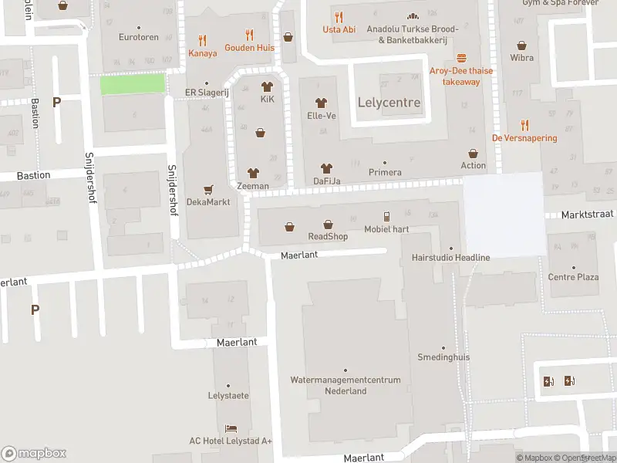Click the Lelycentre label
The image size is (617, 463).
pyautogui.click(x=389, y=103)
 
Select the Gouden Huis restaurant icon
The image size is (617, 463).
pyautogui.click(x=249, y=35)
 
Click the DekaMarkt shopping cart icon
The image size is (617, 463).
pyautogui.click(x=207, y=189)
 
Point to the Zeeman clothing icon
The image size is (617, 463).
pyautogui.click(x=253, y=173)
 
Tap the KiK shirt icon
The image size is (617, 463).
pyautogui.click(x=268, y=86)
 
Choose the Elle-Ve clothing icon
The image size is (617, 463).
pyautogui.click(x=322, y=103)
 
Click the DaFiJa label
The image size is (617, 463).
pyautogui.click(x=327, y=181)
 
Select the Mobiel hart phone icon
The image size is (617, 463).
pyautogui.click(x=387, y=217)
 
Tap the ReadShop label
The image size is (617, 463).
pyautogui.click(x=328, y=236)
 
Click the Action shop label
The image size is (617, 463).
pyautogui.click(x=474, y=165)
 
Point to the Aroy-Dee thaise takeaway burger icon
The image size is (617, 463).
pyautogui.click(x=461, y=58)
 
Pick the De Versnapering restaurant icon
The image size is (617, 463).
pyautogui.click(x=525, y=125)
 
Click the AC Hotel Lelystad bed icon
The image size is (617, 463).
pyautogui.click(x=231, y=428)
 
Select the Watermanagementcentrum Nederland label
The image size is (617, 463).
pyautogui.click(x=345, y=385)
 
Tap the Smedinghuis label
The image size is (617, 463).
pyautogui.click(x=443, y=358)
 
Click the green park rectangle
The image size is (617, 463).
pyautogui.click(x=133, y=84)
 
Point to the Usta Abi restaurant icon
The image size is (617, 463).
pyautogui.click(x=338, y=17)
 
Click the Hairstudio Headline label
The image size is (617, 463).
pyautogui.click(x=451, y=257)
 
